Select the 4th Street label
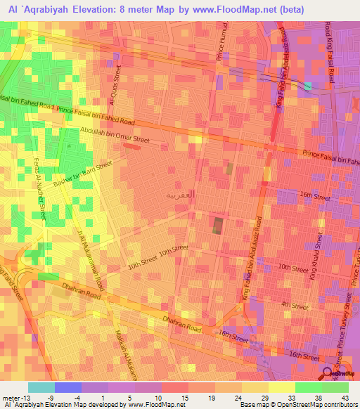click(295, 306)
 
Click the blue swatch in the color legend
click(67, 387)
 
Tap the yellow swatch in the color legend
click(281, 387)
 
